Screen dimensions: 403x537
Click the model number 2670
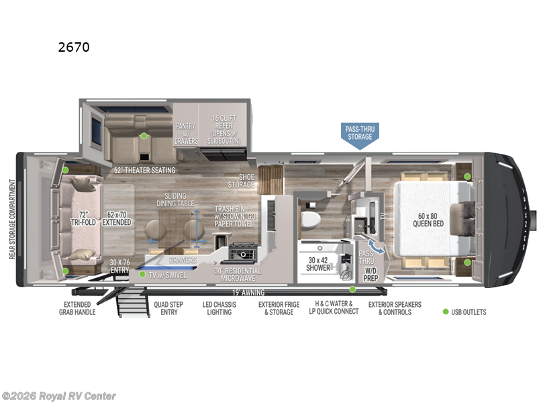point(74,47)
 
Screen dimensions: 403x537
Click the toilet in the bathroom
point(311,219)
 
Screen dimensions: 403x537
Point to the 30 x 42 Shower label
point(319,263)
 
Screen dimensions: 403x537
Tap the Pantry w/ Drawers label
point(186,133)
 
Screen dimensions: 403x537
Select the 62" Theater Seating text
point(144,171)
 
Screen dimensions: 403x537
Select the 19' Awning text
point(248,292)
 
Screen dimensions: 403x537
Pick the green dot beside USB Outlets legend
point(446,312)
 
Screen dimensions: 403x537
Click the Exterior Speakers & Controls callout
point(394,308)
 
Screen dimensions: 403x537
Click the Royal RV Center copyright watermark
point(59,396)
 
